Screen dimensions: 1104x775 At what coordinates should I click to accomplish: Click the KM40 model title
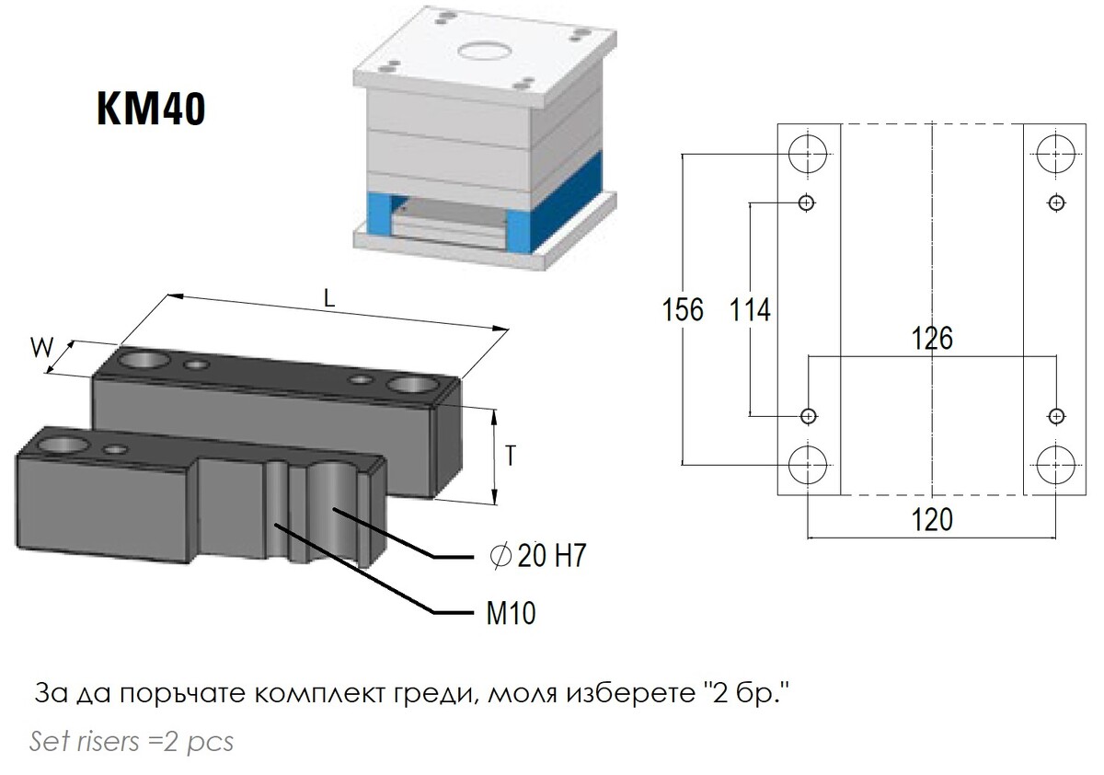click(151, 109)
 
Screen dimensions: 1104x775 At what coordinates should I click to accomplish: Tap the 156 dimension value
click(683, 309)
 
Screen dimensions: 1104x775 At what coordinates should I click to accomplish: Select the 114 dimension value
click(750, 309)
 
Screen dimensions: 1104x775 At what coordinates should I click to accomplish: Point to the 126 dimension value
click(932, 338)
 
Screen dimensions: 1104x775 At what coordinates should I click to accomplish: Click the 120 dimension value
click(932, 520)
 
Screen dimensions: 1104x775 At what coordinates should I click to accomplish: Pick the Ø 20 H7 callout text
click(537, 556)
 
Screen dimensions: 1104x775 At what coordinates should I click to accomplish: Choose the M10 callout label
click(512, 613)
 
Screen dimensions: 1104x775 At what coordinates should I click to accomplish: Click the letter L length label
click(329, 298)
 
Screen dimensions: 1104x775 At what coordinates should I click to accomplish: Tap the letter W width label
click(42, 348)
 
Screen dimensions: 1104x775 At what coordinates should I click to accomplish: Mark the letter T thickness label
click(511, 456)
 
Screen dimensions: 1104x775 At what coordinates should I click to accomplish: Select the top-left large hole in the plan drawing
click(808, 154)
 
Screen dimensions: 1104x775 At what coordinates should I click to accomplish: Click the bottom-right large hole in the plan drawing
click(1056, 465)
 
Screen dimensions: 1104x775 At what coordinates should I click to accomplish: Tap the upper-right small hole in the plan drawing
click(1056, 202)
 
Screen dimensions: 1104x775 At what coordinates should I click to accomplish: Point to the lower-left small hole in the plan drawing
click(808, 417)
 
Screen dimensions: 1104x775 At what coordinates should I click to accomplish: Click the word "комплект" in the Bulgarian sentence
click(319, 694)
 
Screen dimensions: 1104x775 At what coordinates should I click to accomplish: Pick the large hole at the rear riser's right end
click(411, 385)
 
